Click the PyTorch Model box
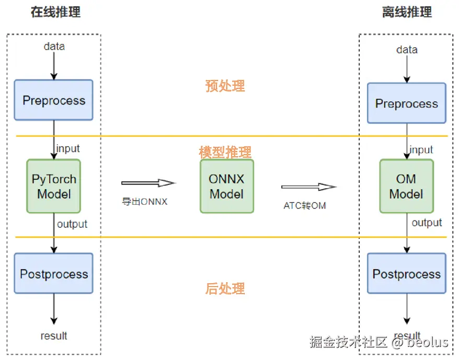(x=54, y=186)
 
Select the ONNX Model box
(x=226, y=186)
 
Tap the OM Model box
(x=406, y=186)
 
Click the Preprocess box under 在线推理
(x=54, y=100)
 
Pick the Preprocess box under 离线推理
(x=406, y=103)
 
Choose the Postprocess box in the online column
(x=54, y=274)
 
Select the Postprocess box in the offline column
(x=406, y=274)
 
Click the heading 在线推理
(x=55, y=12)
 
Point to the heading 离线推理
(x=407, y=12)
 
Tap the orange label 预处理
(x=225, y=86)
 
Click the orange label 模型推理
(x=225, y=152)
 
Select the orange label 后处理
(x=225, y=288)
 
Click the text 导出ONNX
(x=145, y=202)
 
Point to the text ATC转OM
(x=305, y=205)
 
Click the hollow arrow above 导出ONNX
(x=147, y=183)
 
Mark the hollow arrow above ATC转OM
(x=308, y=187)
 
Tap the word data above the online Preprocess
(x=54, y=46)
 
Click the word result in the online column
(x=54, y=335)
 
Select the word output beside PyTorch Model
(x=72, y=224)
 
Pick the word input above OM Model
(x=421, y=150)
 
